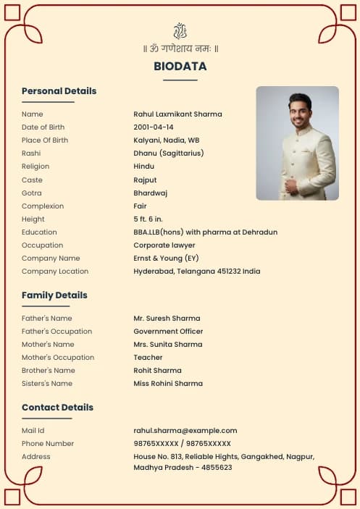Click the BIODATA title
180,67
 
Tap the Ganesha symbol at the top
180,31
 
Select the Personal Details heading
59,91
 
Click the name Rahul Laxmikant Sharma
177,114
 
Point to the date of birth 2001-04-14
154,127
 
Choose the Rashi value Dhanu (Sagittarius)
168,153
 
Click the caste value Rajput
145,180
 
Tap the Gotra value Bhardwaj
150,193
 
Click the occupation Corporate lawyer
164,245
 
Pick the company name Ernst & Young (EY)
166,258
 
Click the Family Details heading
54,295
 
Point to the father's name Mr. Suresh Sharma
167,319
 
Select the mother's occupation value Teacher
148,358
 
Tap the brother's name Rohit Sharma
157,371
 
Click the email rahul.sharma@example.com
185,431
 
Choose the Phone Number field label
48,444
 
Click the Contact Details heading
57,408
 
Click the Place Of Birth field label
45,140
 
